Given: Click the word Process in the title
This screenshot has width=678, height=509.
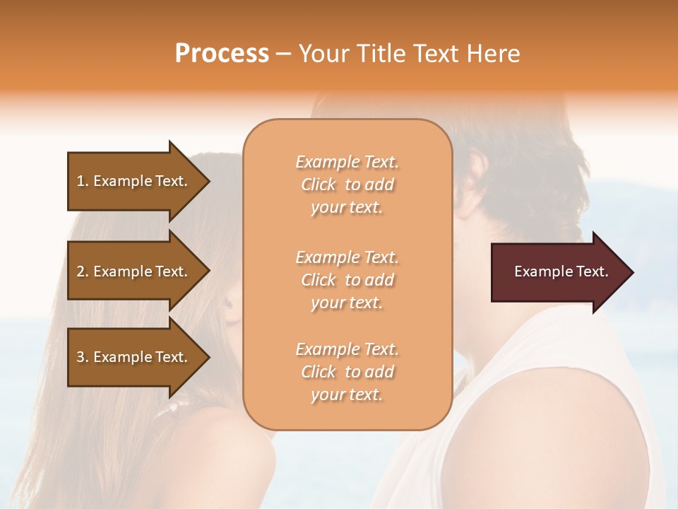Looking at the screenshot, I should pyautogui.click(x=222, y=54).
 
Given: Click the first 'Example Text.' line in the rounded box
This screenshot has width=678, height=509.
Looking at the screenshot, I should pyautogui.click(x=347, y=162).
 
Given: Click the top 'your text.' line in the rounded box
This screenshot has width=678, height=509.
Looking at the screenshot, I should pyautogui.click(x=347, y=208).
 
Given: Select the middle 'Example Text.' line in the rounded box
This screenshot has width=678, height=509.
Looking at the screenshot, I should pyautogui.click(x=347, y=257).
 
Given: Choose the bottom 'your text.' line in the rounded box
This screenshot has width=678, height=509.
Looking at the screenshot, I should pyautogui.click(x=347, y=395).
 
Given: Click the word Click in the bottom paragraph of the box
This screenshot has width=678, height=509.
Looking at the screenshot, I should pyautogui.click(x=319, y=372).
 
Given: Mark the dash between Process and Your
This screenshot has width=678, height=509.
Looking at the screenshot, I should pyautogui.click(x=283, y=54).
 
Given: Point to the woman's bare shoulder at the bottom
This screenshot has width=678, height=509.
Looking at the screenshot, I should pyautogui.click(x=226, y=460).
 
